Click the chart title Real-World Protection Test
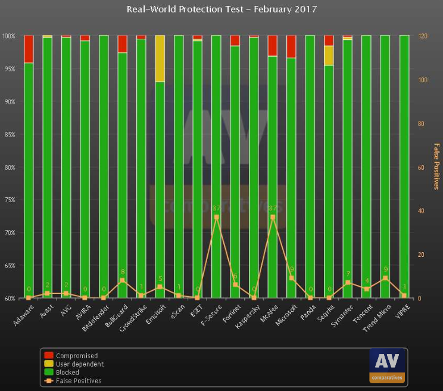(x=221, y=9)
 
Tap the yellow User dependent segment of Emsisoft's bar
(x=160, y=58)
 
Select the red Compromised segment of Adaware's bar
(x=28, y=49)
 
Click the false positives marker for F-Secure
(x=216, y=217)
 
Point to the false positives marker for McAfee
(x=273, y=217)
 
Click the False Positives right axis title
(x=436, y=167)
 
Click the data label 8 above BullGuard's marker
(x=123, y=272)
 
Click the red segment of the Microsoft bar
(x=291, y=46)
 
